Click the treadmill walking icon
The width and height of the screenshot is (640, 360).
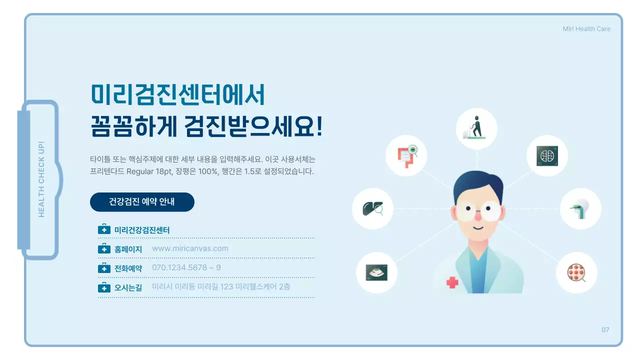(476, 128)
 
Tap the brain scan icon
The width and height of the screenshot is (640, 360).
(547, 155)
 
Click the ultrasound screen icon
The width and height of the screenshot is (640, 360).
(376, 272)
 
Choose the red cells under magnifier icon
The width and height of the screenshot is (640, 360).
(576, 272)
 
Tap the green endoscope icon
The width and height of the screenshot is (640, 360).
(580, 208)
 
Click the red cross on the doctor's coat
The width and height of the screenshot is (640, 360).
(452, 282)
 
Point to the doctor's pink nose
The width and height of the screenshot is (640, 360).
(477, 215)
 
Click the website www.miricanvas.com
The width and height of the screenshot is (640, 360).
(190, 248)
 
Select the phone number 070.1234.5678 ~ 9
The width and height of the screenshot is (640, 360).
(186, 267)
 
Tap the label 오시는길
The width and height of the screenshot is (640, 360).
(128, 287)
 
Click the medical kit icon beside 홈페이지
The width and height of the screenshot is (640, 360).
(104, 249)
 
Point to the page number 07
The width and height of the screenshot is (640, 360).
(605, 330)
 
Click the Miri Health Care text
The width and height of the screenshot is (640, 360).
(586, 29)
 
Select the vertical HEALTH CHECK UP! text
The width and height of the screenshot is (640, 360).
(41, 179)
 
